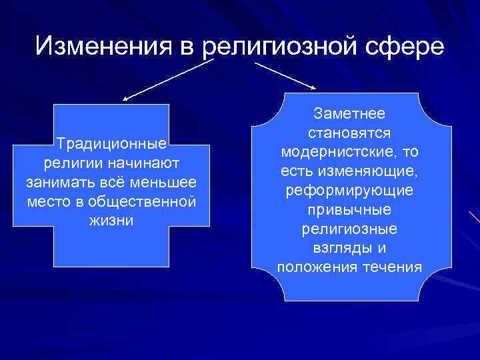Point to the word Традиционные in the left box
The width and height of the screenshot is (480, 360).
click(x=111, y=144)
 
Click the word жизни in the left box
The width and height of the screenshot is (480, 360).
click(x=111, y=221)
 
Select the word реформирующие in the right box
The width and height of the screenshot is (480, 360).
click(x=349, y=191)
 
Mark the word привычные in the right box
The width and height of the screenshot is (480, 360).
click(x=349, y=211)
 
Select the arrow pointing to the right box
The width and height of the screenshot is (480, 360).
click(x=287, y=75)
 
